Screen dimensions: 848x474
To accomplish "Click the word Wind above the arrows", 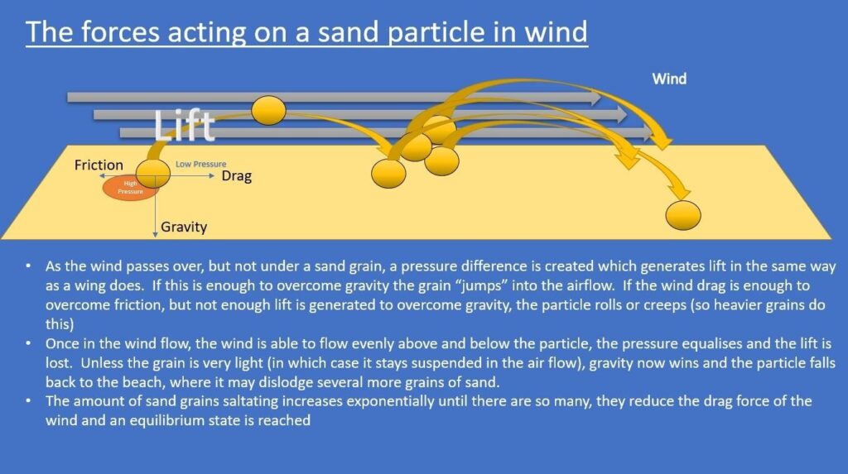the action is click(x=669, y=79).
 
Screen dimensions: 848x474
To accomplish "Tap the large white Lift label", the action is click(x=185, y=126).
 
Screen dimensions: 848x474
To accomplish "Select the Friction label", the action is click(x=99, y=165).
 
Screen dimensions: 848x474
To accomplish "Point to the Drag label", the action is click(x=236, y=176).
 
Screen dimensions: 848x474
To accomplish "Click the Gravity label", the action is click(x=184, y=227).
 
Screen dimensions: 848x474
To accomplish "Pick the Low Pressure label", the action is click(x=200, y=164).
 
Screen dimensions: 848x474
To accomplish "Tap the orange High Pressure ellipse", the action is click(x=130, y=188).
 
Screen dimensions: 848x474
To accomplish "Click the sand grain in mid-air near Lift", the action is click(x=269, y=110).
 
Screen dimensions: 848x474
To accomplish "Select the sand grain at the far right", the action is click(x=683, y=215).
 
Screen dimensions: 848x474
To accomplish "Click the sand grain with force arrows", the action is click(x=153, y=173).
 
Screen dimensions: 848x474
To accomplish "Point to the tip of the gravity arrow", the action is click(x=155, y=237).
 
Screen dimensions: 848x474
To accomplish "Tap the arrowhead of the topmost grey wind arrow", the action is click(x=596, y=98).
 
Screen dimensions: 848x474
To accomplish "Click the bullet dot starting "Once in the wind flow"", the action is click(x=27, y=344).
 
